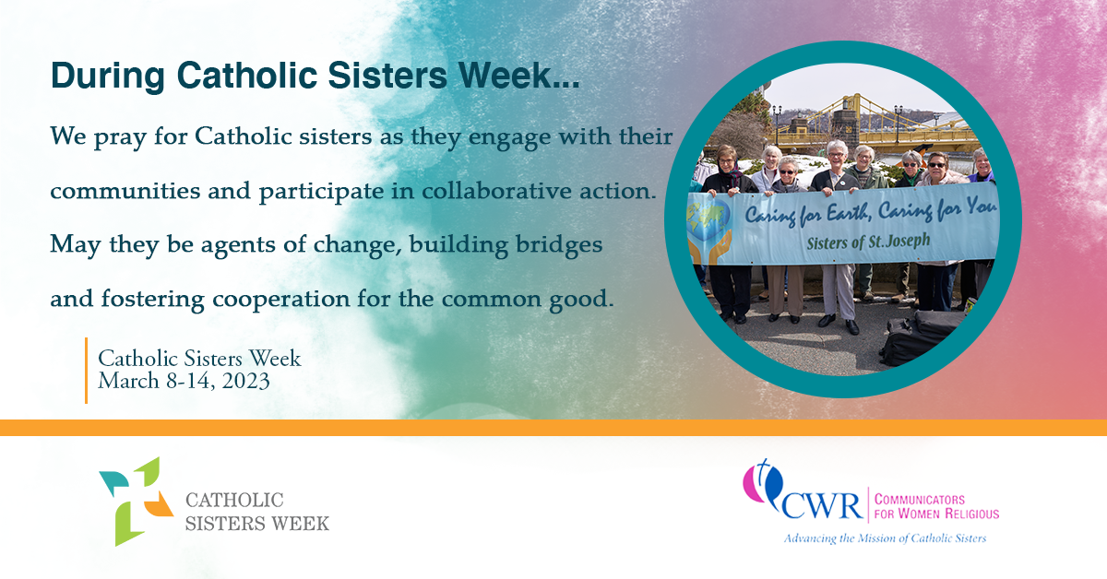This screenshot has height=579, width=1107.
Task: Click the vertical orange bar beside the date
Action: (86, 370)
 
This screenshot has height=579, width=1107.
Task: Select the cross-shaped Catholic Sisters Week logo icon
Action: (136, 501)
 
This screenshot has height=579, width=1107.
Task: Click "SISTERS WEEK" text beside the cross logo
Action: (257, 523)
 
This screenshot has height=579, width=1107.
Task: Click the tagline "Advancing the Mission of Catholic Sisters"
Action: (884, 538)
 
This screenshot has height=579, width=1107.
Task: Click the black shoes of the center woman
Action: (839, 325)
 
